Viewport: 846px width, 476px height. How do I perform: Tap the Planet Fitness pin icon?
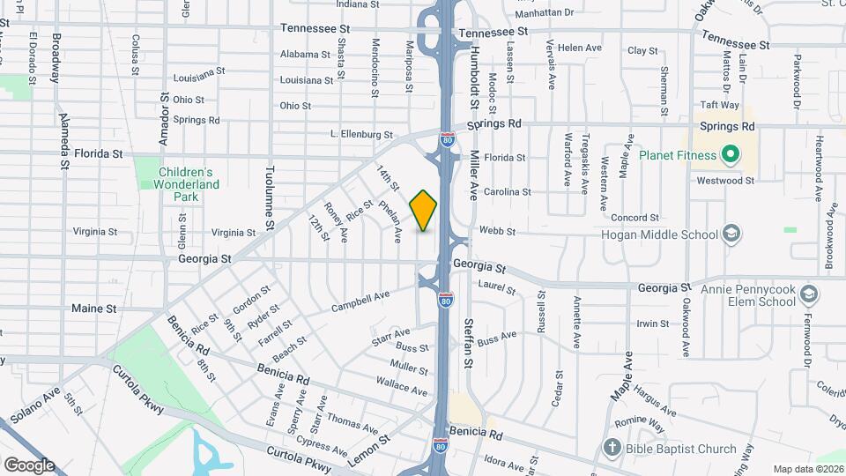729,156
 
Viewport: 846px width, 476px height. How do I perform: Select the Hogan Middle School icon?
731,234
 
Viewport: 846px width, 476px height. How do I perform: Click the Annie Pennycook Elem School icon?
811,294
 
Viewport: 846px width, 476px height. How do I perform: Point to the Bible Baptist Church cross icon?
612,448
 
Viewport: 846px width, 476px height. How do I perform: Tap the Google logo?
28,465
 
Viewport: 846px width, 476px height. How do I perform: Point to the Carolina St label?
508,191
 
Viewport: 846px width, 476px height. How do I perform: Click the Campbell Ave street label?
360,301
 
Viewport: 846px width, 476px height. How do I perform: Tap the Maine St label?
93,309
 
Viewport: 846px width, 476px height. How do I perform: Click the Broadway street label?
56,58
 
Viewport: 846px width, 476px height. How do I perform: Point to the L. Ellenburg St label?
360,135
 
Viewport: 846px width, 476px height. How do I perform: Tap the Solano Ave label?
34,404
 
